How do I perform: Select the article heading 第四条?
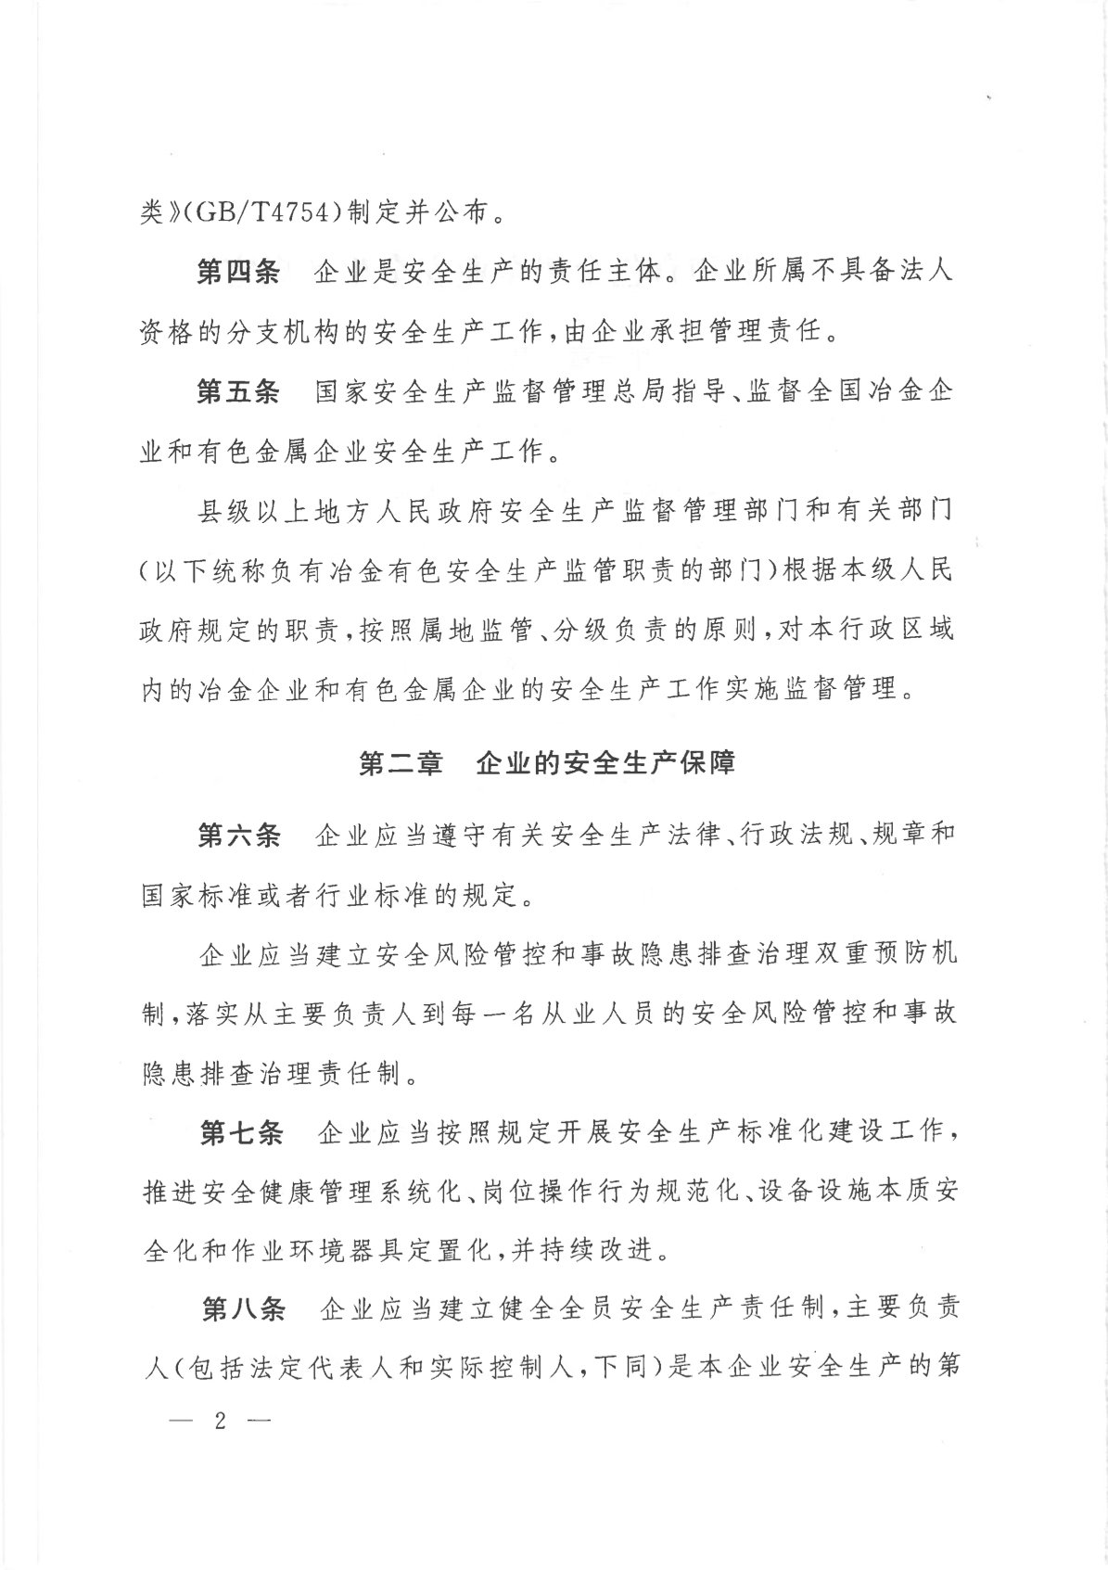coord(238,274)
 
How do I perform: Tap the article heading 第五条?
coord(238,392)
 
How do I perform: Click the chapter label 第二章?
coord(401,764)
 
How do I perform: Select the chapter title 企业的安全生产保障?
coord(605,764)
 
